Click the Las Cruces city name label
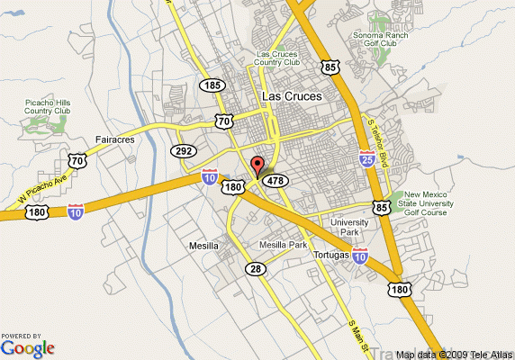(x=291, y=95)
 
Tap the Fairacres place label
(x=114, y=139)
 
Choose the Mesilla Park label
(x=283, y=245)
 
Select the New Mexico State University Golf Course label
(x=428, y=204)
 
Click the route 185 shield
(x=212, y=85)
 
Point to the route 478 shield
(x=276, y=179)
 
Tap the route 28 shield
(x=257, y=269)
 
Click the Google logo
(x=28, y=346)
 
